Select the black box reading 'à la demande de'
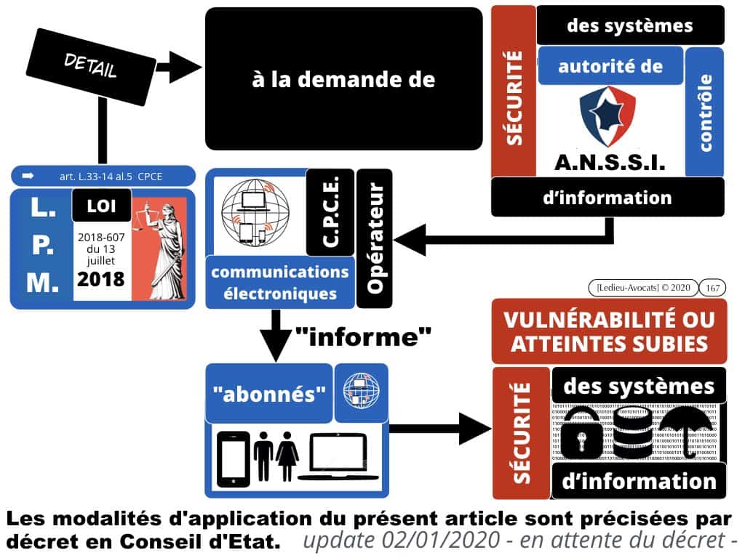tap(343, 78)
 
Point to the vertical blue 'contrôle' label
tap(704, 113)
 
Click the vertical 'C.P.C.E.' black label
tap(330, 212)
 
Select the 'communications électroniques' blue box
tap(280, 283)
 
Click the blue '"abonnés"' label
tap(268, 393)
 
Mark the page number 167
tap(714, 288)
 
